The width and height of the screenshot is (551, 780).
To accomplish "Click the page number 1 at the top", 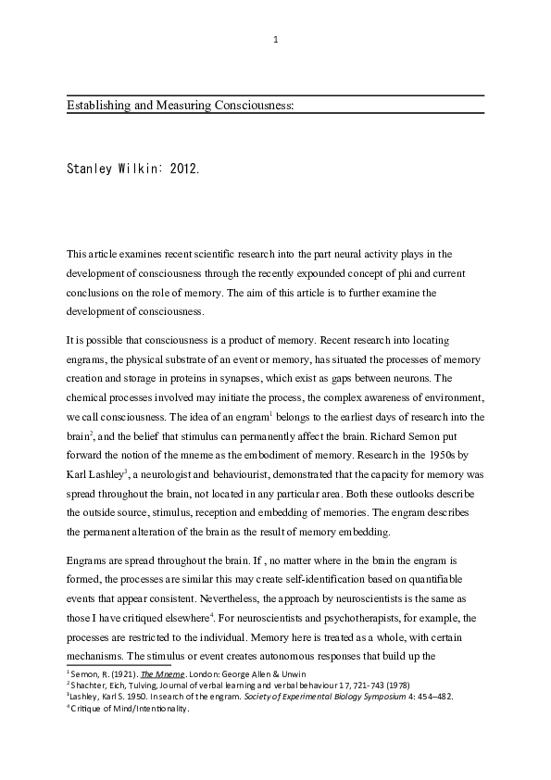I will click(276, 40).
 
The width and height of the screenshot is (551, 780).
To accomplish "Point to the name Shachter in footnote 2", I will click(88, 683).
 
